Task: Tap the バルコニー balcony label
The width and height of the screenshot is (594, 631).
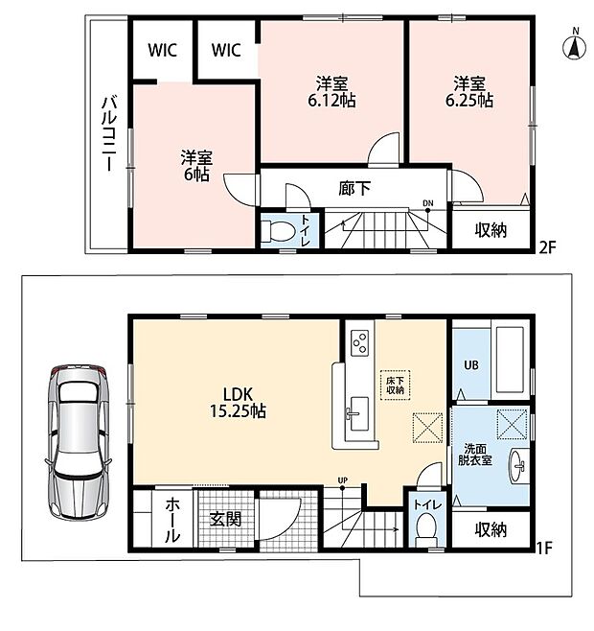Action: point(108,133)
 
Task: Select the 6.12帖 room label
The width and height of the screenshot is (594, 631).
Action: point(331,93)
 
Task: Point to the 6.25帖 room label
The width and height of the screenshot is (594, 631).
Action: point(469,92)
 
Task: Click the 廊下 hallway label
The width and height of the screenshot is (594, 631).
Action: point(354,188)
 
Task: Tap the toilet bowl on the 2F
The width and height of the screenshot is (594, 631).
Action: point(276,231)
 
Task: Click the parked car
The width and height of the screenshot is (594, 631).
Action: point(78,444)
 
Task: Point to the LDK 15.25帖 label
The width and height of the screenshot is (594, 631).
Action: point(238,403)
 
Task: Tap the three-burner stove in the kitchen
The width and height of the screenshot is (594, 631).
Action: point(359,343)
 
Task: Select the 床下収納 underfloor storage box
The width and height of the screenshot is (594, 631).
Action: point(396,386)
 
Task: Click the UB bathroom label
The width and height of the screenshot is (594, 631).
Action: point(471,365)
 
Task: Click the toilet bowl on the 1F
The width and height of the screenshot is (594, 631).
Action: point(425,526)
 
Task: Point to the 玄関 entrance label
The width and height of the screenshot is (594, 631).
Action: point(225,520)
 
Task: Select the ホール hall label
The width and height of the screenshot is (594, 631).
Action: point(172,519)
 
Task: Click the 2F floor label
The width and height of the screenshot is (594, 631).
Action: point(547,246)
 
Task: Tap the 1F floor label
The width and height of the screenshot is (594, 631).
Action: point(544,549)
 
